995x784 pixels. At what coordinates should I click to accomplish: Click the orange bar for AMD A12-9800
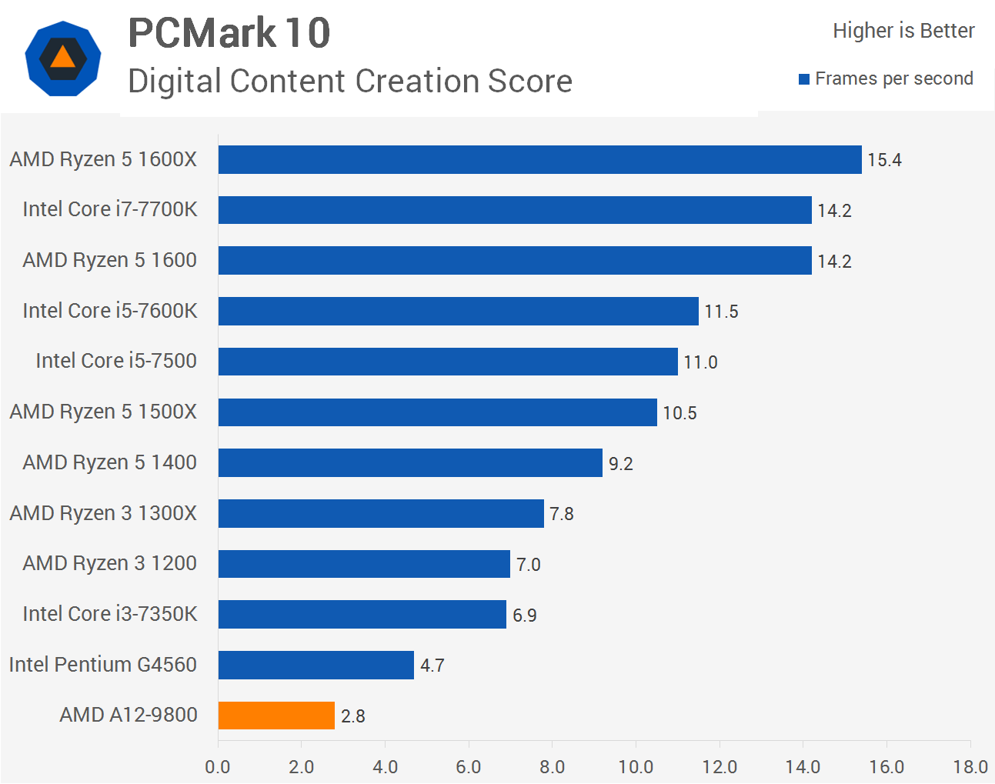(x=276, y=716)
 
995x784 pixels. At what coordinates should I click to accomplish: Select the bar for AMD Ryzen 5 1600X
(x=539, y=160)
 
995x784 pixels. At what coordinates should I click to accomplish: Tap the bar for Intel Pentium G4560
(x=316, y=666)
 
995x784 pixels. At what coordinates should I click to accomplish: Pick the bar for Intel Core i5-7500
(x=448, y=362)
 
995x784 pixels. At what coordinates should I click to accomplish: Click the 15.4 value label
(x=884, y=160)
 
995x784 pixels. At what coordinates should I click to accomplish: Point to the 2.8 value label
(x=352, y=716)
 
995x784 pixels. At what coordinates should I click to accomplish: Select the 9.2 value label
(x=620, y=464)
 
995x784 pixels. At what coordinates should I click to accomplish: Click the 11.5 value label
(x=721, y=312)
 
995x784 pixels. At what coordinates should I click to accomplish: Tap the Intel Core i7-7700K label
(x=110, y=209)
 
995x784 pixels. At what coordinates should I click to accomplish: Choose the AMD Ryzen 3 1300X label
(x=103, y=513)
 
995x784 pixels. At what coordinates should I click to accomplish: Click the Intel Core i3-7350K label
(x=110, y=614)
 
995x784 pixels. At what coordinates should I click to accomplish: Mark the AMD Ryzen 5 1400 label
(x=110, y=462)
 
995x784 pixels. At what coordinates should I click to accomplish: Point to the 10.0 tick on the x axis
(x=636, y=767)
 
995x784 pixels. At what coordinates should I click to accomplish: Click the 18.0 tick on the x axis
(x=970, y=767)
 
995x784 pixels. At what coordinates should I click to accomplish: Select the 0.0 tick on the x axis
(x=218, y=767)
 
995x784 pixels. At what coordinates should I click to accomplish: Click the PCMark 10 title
(x=229, y=33)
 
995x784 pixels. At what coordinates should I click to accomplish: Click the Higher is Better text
(x=903, y=31)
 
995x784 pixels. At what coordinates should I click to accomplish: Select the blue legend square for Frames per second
(x=804, y=79)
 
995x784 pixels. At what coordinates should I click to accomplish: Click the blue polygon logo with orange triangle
(x=62, y=58)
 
